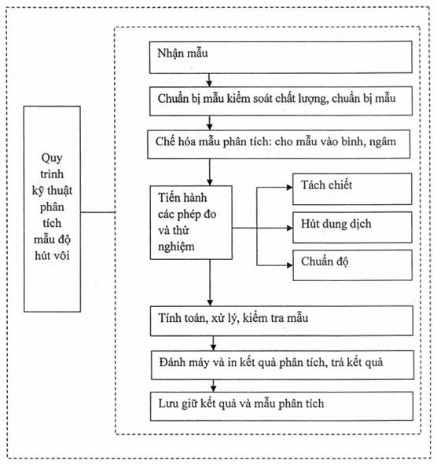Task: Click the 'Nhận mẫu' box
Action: pyautogui.click(x=281, y=57)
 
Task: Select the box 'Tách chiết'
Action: pyautogui.click(x=352, y=188)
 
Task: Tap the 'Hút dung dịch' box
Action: pyautogui.click(x=352, y=227)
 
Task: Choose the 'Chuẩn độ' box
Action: pyautogui.click(x=352, y=265)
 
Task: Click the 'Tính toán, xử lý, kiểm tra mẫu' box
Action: pyautogui.click(x=281, y=321)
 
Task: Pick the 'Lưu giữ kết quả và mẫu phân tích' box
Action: pyautogui.click(x=281, y=406)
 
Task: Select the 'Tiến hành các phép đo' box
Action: pyautogui.click(x=191, y=222)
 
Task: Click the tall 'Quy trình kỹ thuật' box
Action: pyautogui.click(x=52, y=209)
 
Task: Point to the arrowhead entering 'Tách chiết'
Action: pyautogui.click(x=289, y=188)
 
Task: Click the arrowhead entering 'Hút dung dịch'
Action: pyautogui.click(x=289, y=228)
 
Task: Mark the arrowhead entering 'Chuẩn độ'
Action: pyautogui.click(x=289, y=265)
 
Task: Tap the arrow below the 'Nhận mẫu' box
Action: pyautogui.click(x=210, y=80)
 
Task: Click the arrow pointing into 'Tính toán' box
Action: pyautogui.click(x=210, y=283)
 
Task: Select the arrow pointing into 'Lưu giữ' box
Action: pyautogui.click(x=213, y=385)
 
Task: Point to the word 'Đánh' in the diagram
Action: pyautogui.click(x=170, y=362)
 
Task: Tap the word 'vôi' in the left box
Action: pyautogui.click(x=61, y=255)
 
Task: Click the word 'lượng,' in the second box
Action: pyautogui.click(x=313, y=99)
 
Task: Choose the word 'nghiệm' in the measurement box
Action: pyautogui.click(x=176, y=247)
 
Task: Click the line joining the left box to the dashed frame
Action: pyautogui.click(x=97, y=212)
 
